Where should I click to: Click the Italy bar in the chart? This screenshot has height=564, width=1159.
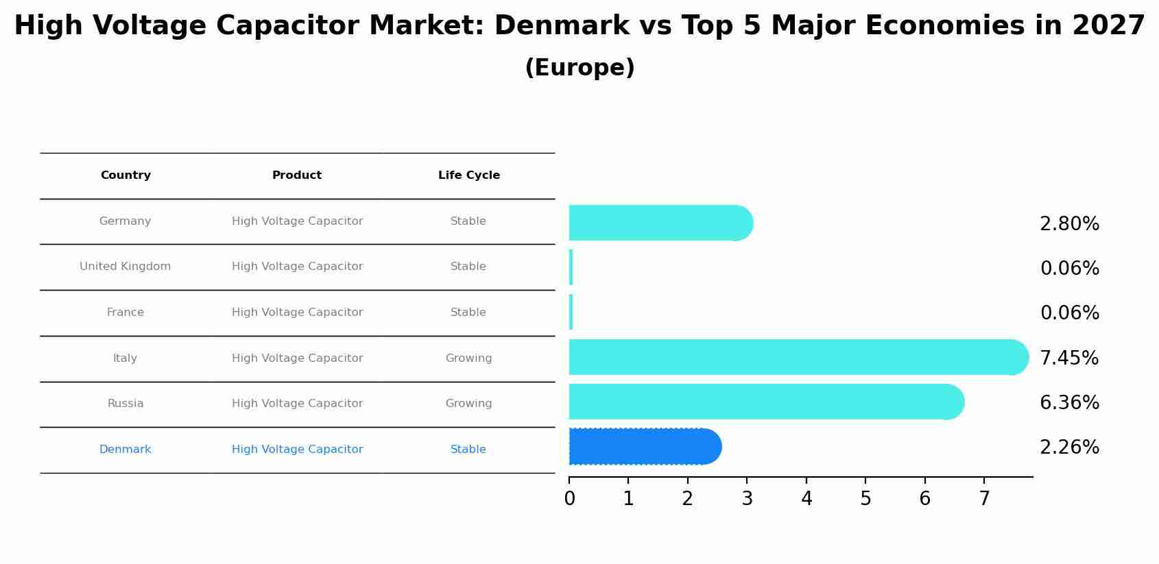(796, 357)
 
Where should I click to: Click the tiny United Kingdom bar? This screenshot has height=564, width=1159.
(571, 267)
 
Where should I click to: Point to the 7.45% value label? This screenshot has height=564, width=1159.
(1068, 358)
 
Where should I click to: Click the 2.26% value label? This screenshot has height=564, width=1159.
(1068, 447)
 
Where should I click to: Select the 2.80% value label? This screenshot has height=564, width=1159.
(1068, 224)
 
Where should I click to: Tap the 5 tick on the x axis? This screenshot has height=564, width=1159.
(865, 499)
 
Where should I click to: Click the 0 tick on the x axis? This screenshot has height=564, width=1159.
(569, 499)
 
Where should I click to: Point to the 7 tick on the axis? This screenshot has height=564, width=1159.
(984, 499)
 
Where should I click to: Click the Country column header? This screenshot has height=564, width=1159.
(126, 175)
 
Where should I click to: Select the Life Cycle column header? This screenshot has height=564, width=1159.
(468, 175)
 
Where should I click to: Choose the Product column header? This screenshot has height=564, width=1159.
(297, 175)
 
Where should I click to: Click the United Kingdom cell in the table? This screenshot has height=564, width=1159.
(126, 267)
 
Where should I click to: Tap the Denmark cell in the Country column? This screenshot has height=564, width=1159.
(126, 450)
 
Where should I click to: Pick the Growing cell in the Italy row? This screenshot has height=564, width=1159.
(468, 358)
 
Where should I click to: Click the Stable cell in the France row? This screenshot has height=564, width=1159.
(468, 312)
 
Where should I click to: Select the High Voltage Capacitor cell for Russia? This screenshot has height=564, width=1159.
(297, 404)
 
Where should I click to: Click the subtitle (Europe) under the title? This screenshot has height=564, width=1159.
(579, 68)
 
